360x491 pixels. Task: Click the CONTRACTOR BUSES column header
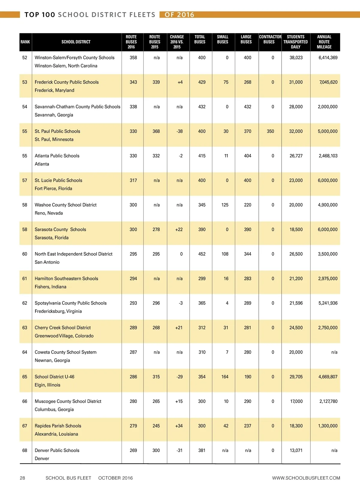tap(270, 39)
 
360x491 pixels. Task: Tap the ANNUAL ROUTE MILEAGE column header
tap(324, 42)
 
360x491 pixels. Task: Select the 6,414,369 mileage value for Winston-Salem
tap(328, 58)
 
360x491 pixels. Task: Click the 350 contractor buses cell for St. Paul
tap(270, 131)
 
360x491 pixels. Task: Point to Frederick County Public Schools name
tap(67, 82)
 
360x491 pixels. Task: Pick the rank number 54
tap(25, 107)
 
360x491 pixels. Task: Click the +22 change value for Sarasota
tap(179, 230)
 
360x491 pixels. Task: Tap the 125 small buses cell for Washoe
tap(225, 205)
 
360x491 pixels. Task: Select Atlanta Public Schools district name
tap(57, 156)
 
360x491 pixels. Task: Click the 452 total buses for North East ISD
tap(202, 254)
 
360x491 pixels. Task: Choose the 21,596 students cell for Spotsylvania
tap(296, 303)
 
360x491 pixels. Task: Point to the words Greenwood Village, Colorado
tap(64, 336)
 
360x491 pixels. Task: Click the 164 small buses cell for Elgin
tap(225, 377)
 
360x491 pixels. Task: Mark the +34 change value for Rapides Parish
tap(179, 426)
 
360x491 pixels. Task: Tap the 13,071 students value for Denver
tap(296, 451)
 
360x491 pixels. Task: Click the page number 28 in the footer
tap(22, 478)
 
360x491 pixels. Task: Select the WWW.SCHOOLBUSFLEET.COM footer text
tap(306, 478)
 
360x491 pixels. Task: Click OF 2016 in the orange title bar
tap(179, 15)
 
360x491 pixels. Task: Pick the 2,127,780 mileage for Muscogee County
tap(328, 401)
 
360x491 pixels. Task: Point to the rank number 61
tap(25, 279)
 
